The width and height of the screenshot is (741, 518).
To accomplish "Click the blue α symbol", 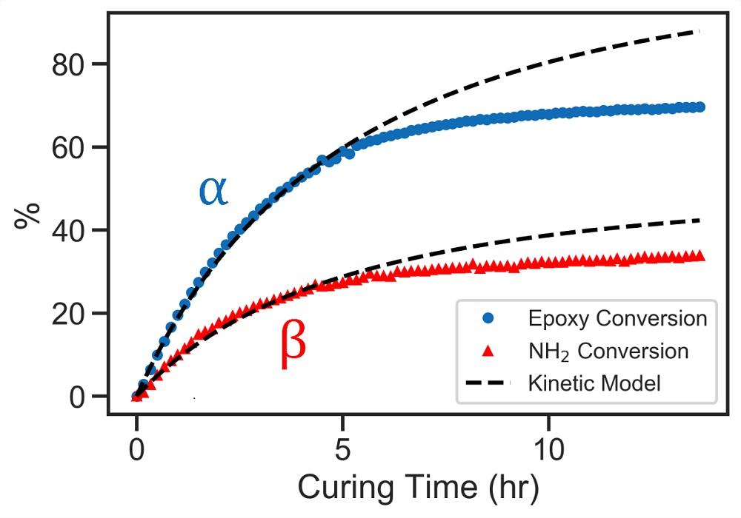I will [x=213, y=192].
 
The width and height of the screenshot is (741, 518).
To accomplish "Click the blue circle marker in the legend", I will [x=488, y=318].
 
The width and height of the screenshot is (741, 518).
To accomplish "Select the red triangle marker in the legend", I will [x=488, y=351].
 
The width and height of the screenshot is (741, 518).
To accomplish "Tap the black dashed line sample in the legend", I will [x=488, y=383].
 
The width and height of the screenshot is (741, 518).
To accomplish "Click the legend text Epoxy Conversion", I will [x=617, y=318].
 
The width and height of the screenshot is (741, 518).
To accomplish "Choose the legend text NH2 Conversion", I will [x=608, y=351].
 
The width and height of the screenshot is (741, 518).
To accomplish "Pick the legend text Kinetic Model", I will [x=594, y=383].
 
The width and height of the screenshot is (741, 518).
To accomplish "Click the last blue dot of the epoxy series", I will [x=699, y=107].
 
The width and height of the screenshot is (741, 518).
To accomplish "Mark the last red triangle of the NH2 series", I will [x=699, y=256].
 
